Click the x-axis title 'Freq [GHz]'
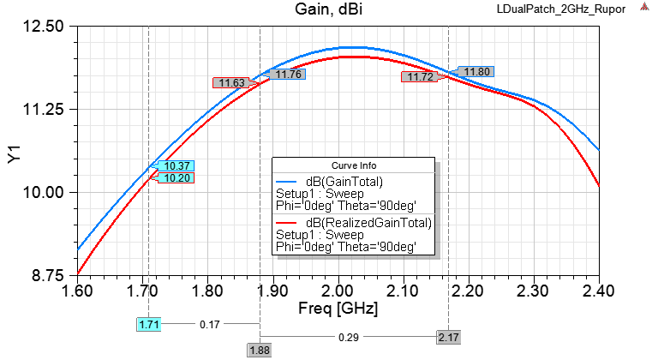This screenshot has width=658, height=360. pos(338,306)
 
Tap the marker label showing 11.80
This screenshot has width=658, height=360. pos(476,71)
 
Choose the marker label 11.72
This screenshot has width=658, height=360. pos(420,77)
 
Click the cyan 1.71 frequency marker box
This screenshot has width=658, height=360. pos(148,325)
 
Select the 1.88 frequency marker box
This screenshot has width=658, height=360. pos(260,350)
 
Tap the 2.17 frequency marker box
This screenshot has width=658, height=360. pos(448,338)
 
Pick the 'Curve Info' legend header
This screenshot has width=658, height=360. pos(353,165)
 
